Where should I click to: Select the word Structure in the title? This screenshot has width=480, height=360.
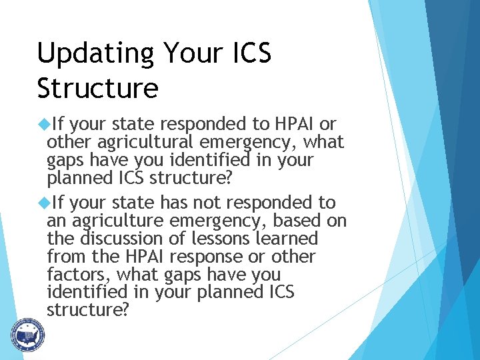[97, 88]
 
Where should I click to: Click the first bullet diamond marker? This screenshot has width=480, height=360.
[45, 124]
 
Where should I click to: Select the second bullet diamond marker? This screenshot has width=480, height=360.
[45, 202]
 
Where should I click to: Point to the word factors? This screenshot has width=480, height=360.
[73, 274]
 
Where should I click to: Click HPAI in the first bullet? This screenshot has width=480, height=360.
[291, 124]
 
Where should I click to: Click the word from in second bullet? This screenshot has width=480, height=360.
[63, 256]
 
